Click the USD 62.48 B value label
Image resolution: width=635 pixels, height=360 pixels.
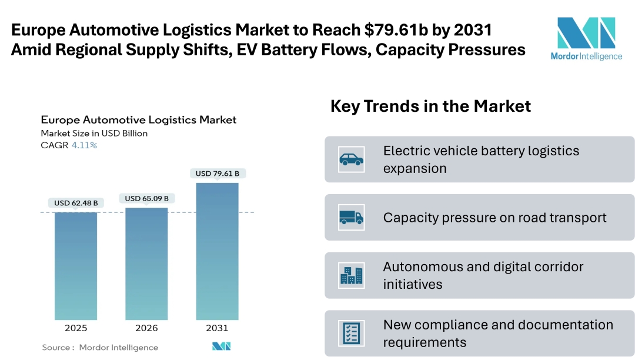(x=76, y=203)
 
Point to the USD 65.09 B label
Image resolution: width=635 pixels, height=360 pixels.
(x=146, y=198)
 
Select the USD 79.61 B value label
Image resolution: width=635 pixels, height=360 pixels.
(x=217, y=173)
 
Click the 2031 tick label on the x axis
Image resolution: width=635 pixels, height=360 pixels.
(x=217, y=328)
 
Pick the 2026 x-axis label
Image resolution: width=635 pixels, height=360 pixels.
(x=146, y=328)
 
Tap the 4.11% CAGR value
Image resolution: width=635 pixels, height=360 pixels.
(x=84, y=145)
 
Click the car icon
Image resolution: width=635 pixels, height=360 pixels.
(x=351, y=159)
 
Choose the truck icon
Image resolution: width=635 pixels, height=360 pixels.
(x=351, y=217)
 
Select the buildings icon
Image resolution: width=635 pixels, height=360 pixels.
(x=351, y=275)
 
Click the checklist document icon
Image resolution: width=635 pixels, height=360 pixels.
(x=351, y=333)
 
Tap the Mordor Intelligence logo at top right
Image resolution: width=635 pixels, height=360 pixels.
(x=586, y=39)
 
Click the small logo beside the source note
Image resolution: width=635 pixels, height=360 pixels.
(x=222, y=346)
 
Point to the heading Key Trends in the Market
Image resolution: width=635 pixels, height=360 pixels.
(x=430, y=106)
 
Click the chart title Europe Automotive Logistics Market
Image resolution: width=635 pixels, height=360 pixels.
(x=139, y=119)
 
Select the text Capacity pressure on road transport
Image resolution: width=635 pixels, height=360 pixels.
(x=494, y=218)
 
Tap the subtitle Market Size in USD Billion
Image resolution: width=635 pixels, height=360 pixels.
(x=94, y=134)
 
